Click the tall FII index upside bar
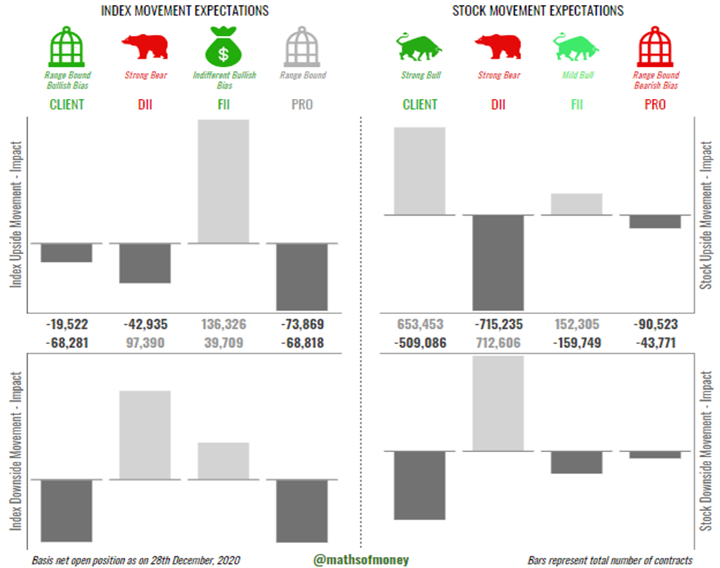[x=224, y=181]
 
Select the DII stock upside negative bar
[x=498, y=262]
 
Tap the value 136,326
[x=224, y=324]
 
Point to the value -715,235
[x=498, y=324]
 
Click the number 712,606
[x=498, y=343]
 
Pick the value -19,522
[x=66, y=324]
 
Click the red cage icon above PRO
[x=656, y=46]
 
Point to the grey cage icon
[x=303, y=46]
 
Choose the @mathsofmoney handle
[x=361, y=560]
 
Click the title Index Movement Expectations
[x=185, y=10]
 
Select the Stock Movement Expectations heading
[x=538, y=10]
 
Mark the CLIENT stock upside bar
[x=419, y=171]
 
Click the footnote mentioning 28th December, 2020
[x=136, y=560]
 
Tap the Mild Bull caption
[x=577, y=75]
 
